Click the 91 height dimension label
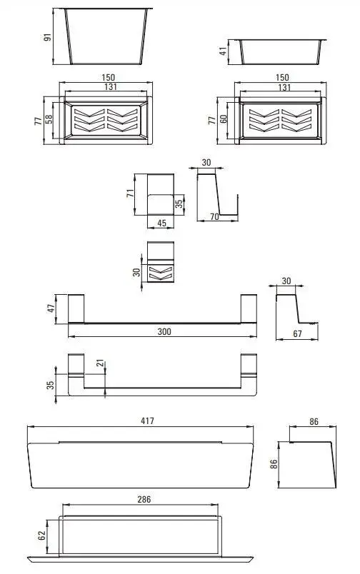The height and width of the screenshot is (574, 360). [48, 37]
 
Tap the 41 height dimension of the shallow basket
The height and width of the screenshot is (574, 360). [223, 51]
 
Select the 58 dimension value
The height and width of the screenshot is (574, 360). [49, 119]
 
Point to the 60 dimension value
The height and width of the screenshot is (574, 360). [224, 119]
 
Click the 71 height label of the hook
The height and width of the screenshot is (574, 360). [131, 193]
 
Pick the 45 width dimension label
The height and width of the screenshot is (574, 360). [161, 223]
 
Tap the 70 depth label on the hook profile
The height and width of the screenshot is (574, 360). [214, 216]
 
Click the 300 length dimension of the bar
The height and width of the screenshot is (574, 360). [164, 331]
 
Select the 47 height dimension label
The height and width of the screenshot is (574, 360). [51, 308]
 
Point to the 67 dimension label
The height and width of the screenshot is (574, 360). [297, 333]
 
